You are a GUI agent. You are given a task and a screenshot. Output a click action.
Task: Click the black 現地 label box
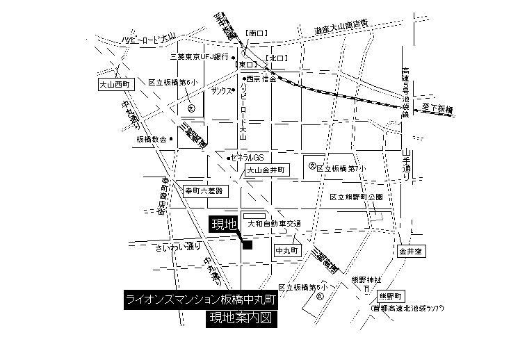tap(224, 224)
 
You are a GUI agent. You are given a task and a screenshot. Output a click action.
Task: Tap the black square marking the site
tap(247, 243)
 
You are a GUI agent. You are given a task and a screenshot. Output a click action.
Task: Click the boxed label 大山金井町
tap(267, 169)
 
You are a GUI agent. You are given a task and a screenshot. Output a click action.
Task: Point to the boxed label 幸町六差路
tap(204, 190)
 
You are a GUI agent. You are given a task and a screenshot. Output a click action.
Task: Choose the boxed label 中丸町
tap(286, 250)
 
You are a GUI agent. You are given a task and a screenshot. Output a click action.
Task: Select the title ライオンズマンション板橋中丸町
tap(202, 300)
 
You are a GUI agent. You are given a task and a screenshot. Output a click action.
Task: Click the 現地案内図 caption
tap(239, 318)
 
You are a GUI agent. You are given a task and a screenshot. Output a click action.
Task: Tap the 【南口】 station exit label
tap(257, 33)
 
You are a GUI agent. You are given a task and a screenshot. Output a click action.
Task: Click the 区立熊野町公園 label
tap(356, 197)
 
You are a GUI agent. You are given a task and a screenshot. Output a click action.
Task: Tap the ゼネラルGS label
tap(249, 157)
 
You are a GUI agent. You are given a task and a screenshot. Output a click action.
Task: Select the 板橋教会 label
tap(152, 139)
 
